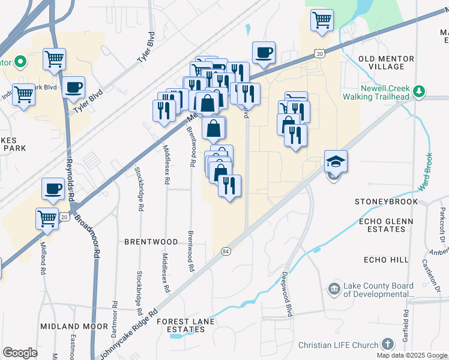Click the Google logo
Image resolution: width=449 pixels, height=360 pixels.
[20, 353]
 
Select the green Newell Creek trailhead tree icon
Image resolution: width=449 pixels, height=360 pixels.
[419, 91]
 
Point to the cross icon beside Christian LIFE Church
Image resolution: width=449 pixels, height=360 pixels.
[388, 344]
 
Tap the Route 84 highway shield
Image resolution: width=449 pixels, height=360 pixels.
[225, 250]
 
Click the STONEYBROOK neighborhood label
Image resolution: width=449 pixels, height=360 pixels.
[385, 201]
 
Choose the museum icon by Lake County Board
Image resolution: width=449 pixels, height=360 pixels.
[333, 290]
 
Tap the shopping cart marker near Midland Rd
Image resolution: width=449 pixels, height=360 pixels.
[47, 218]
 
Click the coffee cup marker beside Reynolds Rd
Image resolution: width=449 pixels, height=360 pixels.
[52, 189]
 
